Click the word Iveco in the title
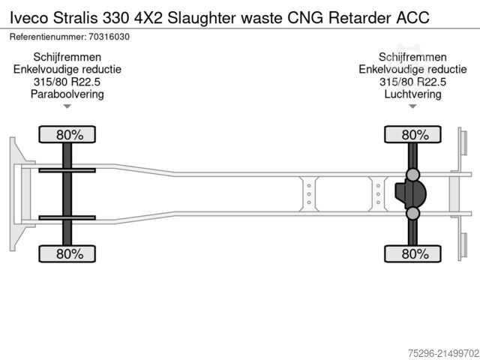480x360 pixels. point(29,18)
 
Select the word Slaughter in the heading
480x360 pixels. point(202,18)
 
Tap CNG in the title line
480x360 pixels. point(305,18)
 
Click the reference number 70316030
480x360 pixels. point(109,37)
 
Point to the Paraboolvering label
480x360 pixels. point(67,94)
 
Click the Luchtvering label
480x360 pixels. point(412,94)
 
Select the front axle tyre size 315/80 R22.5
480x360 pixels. point(67,82)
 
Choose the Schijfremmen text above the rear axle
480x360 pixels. point(412,57)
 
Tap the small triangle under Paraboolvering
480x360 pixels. point(67,106)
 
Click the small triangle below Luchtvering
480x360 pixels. point(412,106)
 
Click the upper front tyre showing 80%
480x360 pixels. point(67,134)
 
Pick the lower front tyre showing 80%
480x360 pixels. point(67,253)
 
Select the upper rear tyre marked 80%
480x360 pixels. point(412,134)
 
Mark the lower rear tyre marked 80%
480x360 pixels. point(412,253)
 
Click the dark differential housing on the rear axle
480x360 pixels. point(410,193)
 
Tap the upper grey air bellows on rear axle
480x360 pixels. point(412,175)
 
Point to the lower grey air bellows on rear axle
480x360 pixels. point(412,213)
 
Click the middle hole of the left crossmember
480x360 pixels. point(309,194)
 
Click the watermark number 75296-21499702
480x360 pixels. point(443,353)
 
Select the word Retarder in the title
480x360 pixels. point(360,18)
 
